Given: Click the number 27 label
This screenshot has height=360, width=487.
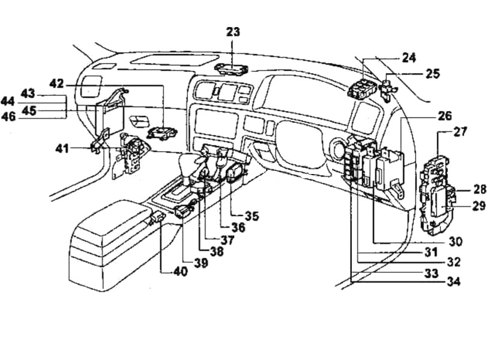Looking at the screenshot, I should click(460, 131).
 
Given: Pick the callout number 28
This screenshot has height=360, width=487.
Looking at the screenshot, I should click(479, 189).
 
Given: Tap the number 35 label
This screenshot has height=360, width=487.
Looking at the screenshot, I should click(252, 215).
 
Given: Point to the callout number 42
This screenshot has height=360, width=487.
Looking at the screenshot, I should click(56, 84).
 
